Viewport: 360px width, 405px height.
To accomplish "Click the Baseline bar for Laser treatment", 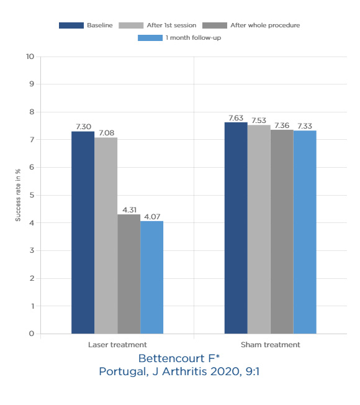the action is [x=83, y=232].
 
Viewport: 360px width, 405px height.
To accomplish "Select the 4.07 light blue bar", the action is [x=151, y=278].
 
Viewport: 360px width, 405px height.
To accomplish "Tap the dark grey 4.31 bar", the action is [x=129, y=274].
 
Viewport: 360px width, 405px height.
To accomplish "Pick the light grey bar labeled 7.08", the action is [x=106, y=235].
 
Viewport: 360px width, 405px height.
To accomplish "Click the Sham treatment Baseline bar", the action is [x=236, y=228].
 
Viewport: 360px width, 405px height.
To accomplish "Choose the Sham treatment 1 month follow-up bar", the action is [x=305, y=232].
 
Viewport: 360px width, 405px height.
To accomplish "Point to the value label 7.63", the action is [x=236, y=118].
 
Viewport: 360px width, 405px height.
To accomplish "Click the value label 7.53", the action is [x=259, y=121].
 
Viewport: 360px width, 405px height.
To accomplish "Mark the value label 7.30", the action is [x=83, y=127].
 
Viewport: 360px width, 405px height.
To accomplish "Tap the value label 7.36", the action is [x=282, y=125].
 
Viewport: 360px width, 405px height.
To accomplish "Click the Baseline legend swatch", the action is [x=71, y=25].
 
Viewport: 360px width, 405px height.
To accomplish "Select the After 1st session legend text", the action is [x=171, y=25].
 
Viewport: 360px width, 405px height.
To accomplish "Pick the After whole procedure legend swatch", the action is [x=215, y=25].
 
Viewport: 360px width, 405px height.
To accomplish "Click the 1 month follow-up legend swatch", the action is [x=150, y=38].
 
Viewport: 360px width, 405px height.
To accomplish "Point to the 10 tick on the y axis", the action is [x=30, y=57].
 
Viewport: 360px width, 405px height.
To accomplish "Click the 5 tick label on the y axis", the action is [x=32, y=195].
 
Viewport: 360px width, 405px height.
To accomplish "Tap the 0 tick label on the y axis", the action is [x=32, y=334].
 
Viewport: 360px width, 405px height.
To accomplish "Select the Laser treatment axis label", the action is [x=117, y=345].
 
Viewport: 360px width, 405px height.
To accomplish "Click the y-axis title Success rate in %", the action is [x=18, y=195].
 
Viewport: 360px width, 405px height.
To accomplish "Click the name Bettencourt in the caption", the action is [x=171, y=359].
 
